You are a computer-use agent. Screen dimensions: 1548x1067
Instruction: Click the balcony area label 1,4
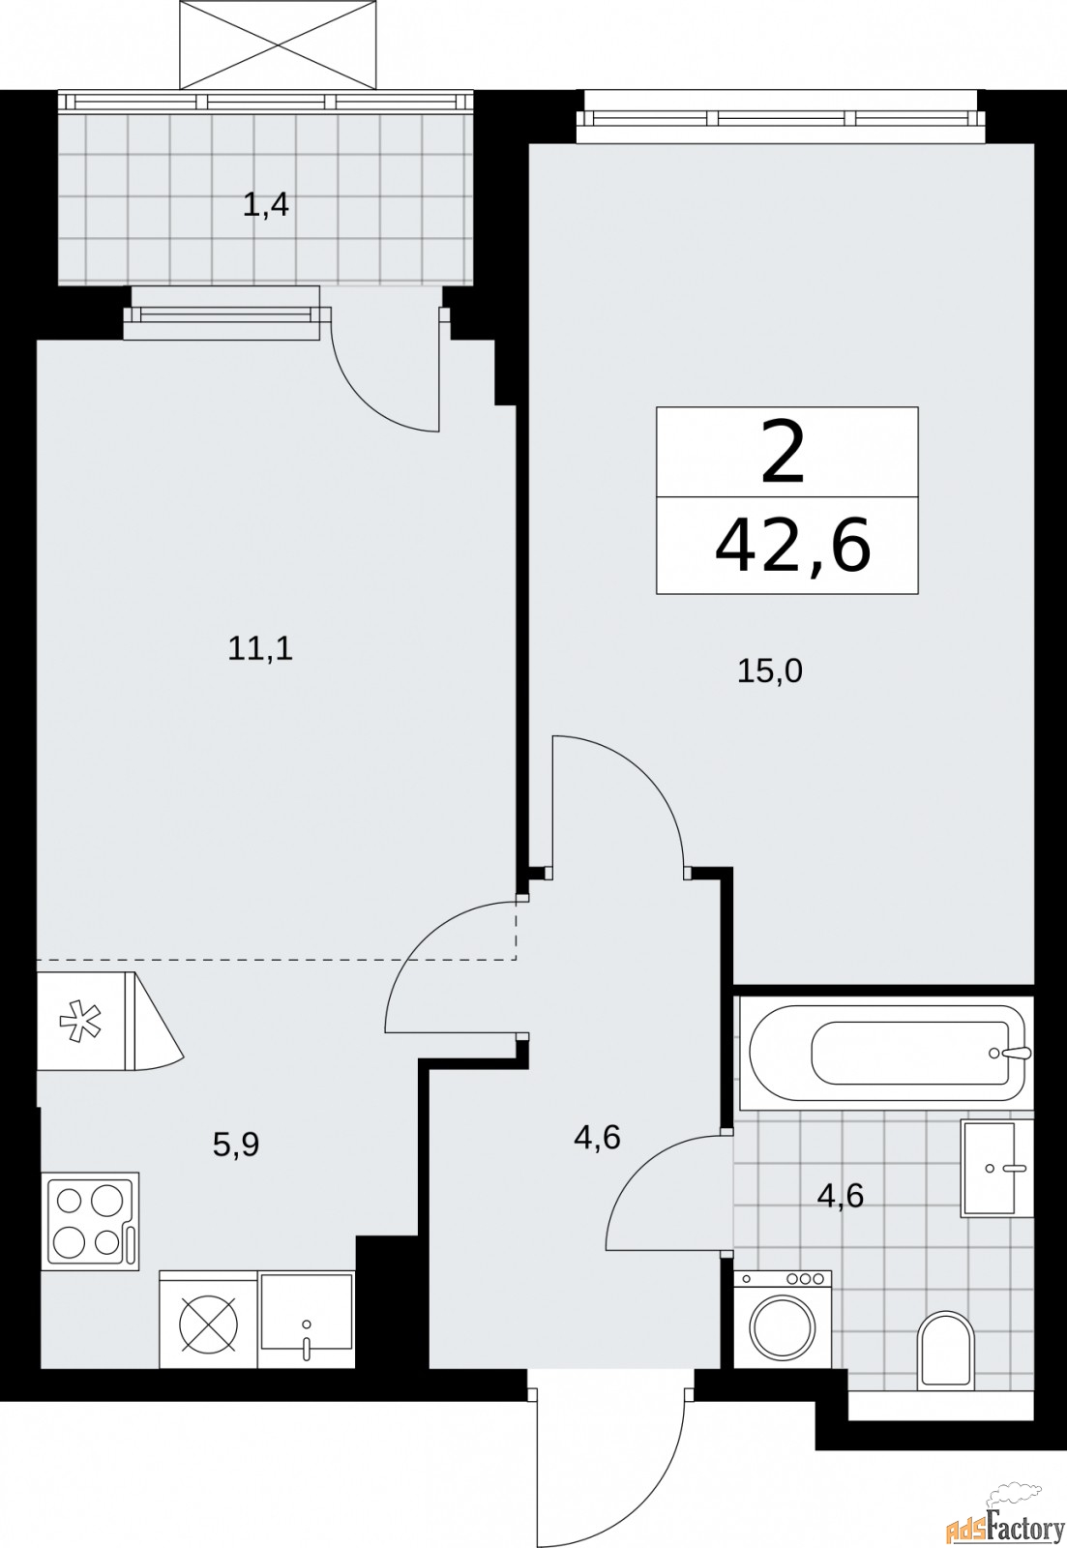pos(266,205)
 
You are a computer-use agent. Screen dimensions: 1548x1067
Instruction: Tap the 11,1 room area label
pos(260,649)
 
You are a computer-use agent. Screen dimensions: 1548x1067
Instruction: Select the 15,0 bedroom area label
pos(770,670)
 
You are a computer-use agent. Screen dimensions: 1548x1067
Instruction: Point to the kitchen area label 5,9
pos(236,1145)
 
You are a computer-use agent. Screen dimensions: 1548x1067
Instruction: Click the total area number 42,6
pos(792,547)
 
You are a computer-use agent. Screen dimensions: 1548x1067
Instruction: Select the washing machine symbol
pos(783,1320)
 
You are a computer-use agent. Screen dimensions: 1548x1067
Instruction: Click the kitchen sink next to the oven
pos(306,1320)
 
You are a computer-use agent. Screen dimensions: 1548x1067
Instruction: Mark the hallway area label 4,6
pos(596,1138)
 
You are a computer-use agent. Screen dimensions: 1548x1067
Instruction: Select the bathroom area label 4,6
pos(840,1196)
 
